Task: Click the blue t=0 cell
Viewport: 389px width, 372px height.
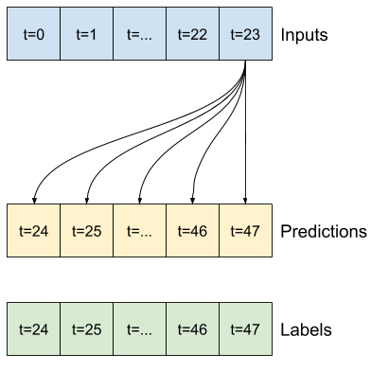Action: [34, 34]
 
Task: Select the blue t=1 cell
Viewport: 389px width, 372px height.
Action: [86, 34]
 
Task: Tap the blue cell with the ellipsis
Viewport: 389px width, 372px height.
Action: [139, 34]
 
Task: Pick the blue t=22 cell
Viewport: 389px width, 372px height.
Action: [192, 34]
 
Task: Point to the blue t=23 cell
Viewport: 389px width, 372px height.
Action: [245, 34]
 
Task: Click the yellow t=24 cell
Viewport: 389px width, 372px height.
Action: [34, 230]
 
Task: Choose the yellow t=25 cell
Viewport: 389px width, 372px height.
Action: [86, 230]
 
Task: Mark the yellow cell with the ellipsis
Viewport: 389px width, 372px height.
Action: [139, 230]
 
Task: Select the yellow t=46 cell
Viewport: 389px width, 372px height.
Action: [192, 230]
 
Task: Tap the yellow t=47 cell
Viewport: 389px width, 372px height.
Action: [245, 230]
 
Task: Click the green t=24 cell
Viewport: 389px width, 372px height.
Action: [34, 329]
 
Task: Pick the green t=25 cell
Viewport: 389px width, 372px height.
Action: [86, 329]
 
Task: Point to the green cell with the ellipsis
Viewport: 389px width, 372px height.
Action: [139, 329]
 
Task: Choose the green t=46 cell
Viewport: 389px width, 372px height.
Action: [192, 329]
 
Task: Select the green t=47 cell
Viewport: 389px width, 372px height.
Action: [245, 329]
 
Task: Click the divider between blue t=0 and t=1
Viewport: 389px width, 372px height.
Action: [61, 34]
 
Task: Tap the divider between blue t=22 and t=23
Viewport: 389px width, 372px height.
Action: [219, 34]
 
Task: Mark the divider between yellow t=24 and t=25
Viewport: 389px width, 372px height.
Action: [61, 230]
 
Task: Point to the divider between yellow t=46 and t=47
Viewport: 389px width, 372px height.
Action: [219, 230]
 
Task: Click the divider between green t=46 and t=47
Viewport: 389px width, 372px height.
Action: [219, 329]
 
